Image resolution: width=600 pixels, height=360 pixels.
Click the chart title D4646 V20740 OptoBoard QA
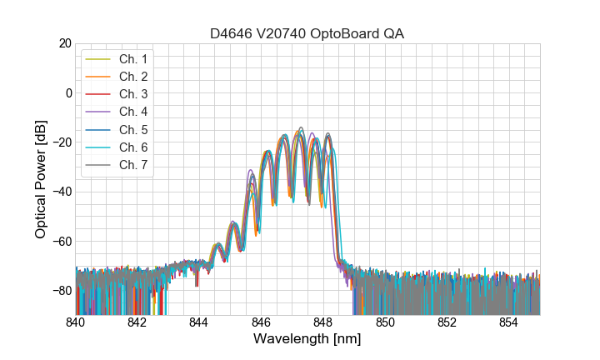pos(307,33)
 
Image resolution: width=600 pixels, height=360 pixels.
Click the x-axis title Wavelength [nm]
pos(307,340)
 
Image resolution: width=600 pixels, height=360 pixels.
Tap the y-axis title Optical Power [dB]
pos(41,179)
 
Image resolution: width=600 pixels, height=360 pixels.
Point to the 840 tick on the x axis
pos(76,322)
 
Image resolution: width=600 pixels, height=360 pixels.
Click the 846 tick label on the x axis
pos(262,322)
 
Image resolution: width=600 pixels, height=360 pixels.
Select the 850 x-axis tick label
pos(385,322)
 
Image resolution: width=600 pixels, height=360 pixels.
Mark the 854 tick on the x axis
pos(509,322)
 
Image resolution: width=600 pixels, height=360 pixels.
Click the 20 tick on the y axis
pos(64,43)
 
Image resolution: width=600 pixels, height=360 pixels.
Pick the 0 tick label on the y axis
pos(67,92)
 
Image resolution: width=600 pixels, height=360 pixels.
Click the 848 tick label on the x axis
pos(323,322)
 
